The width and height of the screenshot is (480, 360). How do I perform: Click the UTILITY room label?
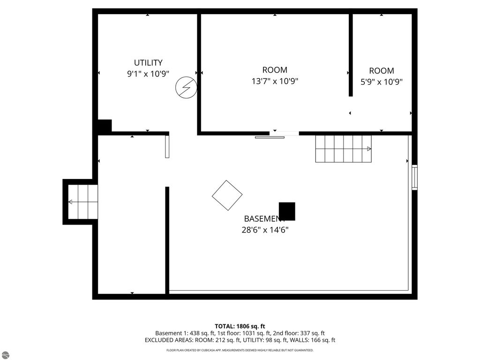[x=148, y=63]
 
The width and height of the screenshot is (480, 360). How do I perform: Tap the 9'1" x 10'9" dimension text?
[x=148, y=74]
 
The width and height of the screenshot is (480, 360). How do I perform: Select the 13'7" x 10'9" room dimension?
[x=275, y=81]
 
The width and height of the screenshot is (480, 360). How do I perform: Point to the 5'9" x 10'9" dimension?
[x=381, y=82]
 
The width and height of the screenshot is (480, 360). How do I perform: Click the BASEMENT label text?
[x=262, y=219]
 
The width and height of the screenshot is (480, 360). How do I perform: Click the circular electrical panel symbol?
[x=186, y=88]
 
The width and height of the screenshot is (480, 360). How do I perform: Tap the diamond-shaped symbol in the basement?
[x=227, y=195]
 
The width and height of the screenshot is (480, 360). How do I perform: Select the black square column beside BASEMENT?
[x=287, y=211]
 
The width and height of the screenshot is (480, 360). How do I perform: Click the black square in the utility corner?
[x=105, y=127]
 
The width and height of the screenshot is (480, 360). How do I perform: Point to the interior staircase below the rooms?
[x=343, y=149]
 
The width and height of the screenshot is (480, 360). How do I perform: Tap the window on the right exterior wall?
[x=414, y=177]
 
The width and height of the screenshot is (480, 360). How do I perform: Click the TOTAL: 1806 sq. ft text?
[x=240, y=326]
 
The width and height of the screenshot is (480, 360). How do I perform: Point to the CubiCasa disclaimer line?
[x=240, y=350]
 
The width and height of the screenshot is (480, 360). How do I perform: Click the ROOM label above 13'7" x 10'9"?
[x=275, y=70]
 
